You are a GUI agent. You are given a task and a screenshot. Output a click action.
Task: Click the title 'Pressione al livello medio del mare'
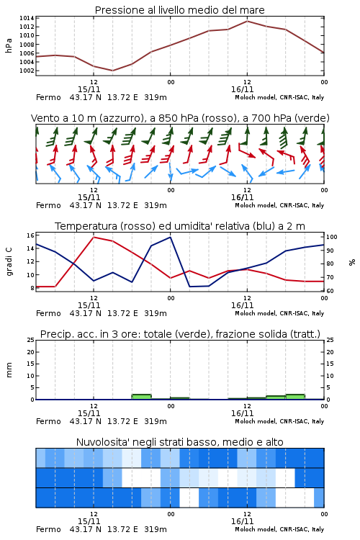coord(179,10)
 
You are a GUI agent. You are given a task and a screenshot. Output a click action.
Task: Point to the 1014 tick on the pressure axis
coord(27,18)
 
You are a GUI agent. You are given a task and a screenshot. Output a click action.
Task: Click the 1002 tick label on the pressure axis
coord(27,71)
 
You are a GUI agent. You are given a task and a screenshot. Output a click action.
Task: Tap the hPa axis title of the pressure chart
coord(9,46)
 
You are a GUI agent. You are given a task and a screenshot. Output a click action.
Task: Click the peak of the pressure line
coord(247,21)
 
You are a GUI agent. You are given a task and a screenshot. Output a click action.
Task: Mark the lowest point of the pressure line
coord(112,71)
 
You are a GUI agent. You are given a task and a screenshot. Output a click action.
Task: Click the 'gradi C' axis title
coord(9,262)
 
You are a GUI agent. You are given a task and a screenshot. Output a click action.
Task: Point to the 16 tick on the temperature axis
coord(31,235)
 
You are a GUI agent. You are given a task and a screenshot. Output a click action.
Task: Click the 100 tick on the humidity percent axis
coord(332,237)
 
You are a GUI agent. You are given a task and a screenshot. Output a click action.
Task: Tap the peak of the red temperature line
coord(94,237)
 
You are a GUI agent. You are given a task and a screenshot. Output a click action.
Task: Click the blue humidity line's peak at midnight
coord(170,237)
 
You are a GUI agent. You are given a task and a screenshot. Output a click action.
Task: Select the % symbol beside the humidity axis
coord(352,262)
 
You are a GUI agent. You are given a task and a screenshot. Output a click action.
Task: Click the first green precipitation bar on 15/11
coord(142,397)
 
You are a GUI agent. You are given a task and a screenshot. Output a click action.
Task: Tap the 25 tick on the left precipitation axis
coord(31,340)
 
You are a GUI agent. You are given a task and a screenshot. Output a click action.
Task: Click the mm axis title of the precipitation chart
coord(9,370)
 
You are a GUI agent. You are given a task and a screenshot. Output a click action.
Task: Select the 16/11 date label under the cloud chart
coord(242,521)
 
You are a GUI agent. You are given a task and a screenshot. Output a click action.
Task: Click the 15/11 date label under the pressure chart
coord(89,89)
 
